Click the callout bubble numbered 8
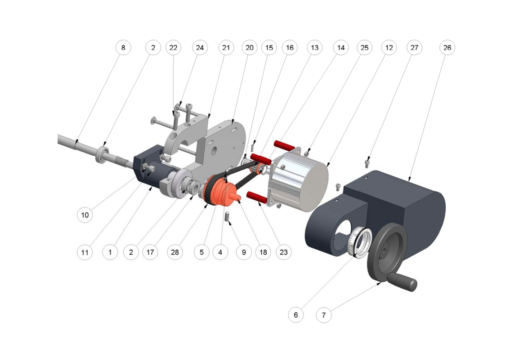click(123, 48)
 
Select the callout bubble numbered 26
click(447, 48)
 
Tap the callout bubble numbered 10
click(85, 215)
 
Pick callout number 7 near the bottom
click(324, 315)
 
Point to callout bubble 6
click(295, 315)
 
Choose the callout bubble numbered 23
click(284, 252)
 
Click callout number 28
click(175, 252)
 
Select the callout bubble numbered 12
click(389, 48)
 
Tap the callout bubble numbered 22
click(173, 48)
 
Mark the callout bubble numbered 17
click(150, 252)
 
